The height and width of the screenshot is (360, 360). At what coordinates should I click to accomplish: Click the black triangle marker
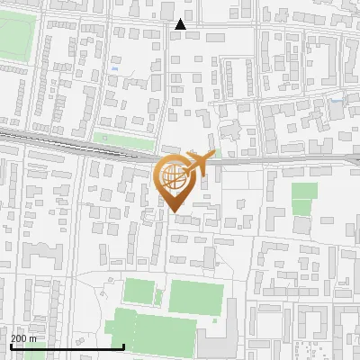181,24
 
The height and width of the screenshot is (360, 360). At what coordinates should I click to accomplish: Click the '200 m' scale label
23,339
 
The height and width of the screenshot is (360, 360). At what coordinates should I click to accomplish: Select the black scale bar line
67,346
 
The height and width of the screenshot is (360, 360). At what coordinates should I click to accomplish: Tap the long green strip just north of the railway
123,141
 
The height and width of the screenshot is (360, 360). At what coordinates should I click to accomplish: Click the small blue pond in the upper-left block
113,66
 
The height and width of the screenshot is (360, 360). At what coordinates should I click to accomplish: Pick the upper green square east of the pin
304,191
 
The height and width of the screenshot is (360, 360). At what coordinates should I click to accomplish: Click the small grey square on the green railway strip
104,139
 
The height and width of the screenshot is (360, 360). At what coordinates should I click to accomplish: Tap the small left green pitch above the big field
139,292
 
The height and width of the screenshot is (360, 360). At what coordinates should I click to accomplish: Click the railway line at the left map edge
4,134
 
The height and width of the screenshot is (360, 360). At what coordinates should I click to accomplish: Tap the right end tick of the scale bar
123,346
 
